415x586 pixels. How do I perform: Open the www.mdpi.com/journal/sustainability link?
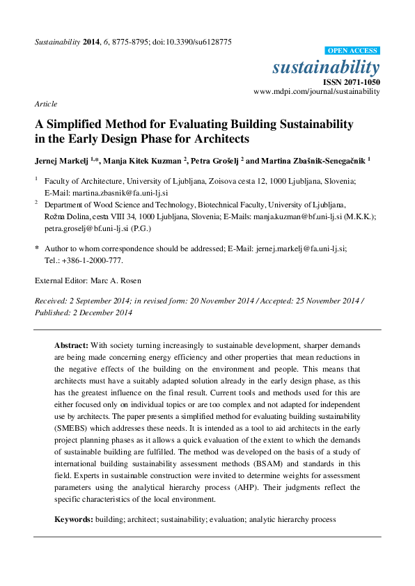(x=317, y=91)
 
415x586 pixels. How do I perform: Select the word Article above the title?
(x=45, y=104)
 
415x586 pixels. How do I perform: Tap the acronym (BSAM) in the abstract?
(x=234, y=463)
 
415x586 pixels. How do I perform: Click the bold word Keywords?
(x=73, y=520)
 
